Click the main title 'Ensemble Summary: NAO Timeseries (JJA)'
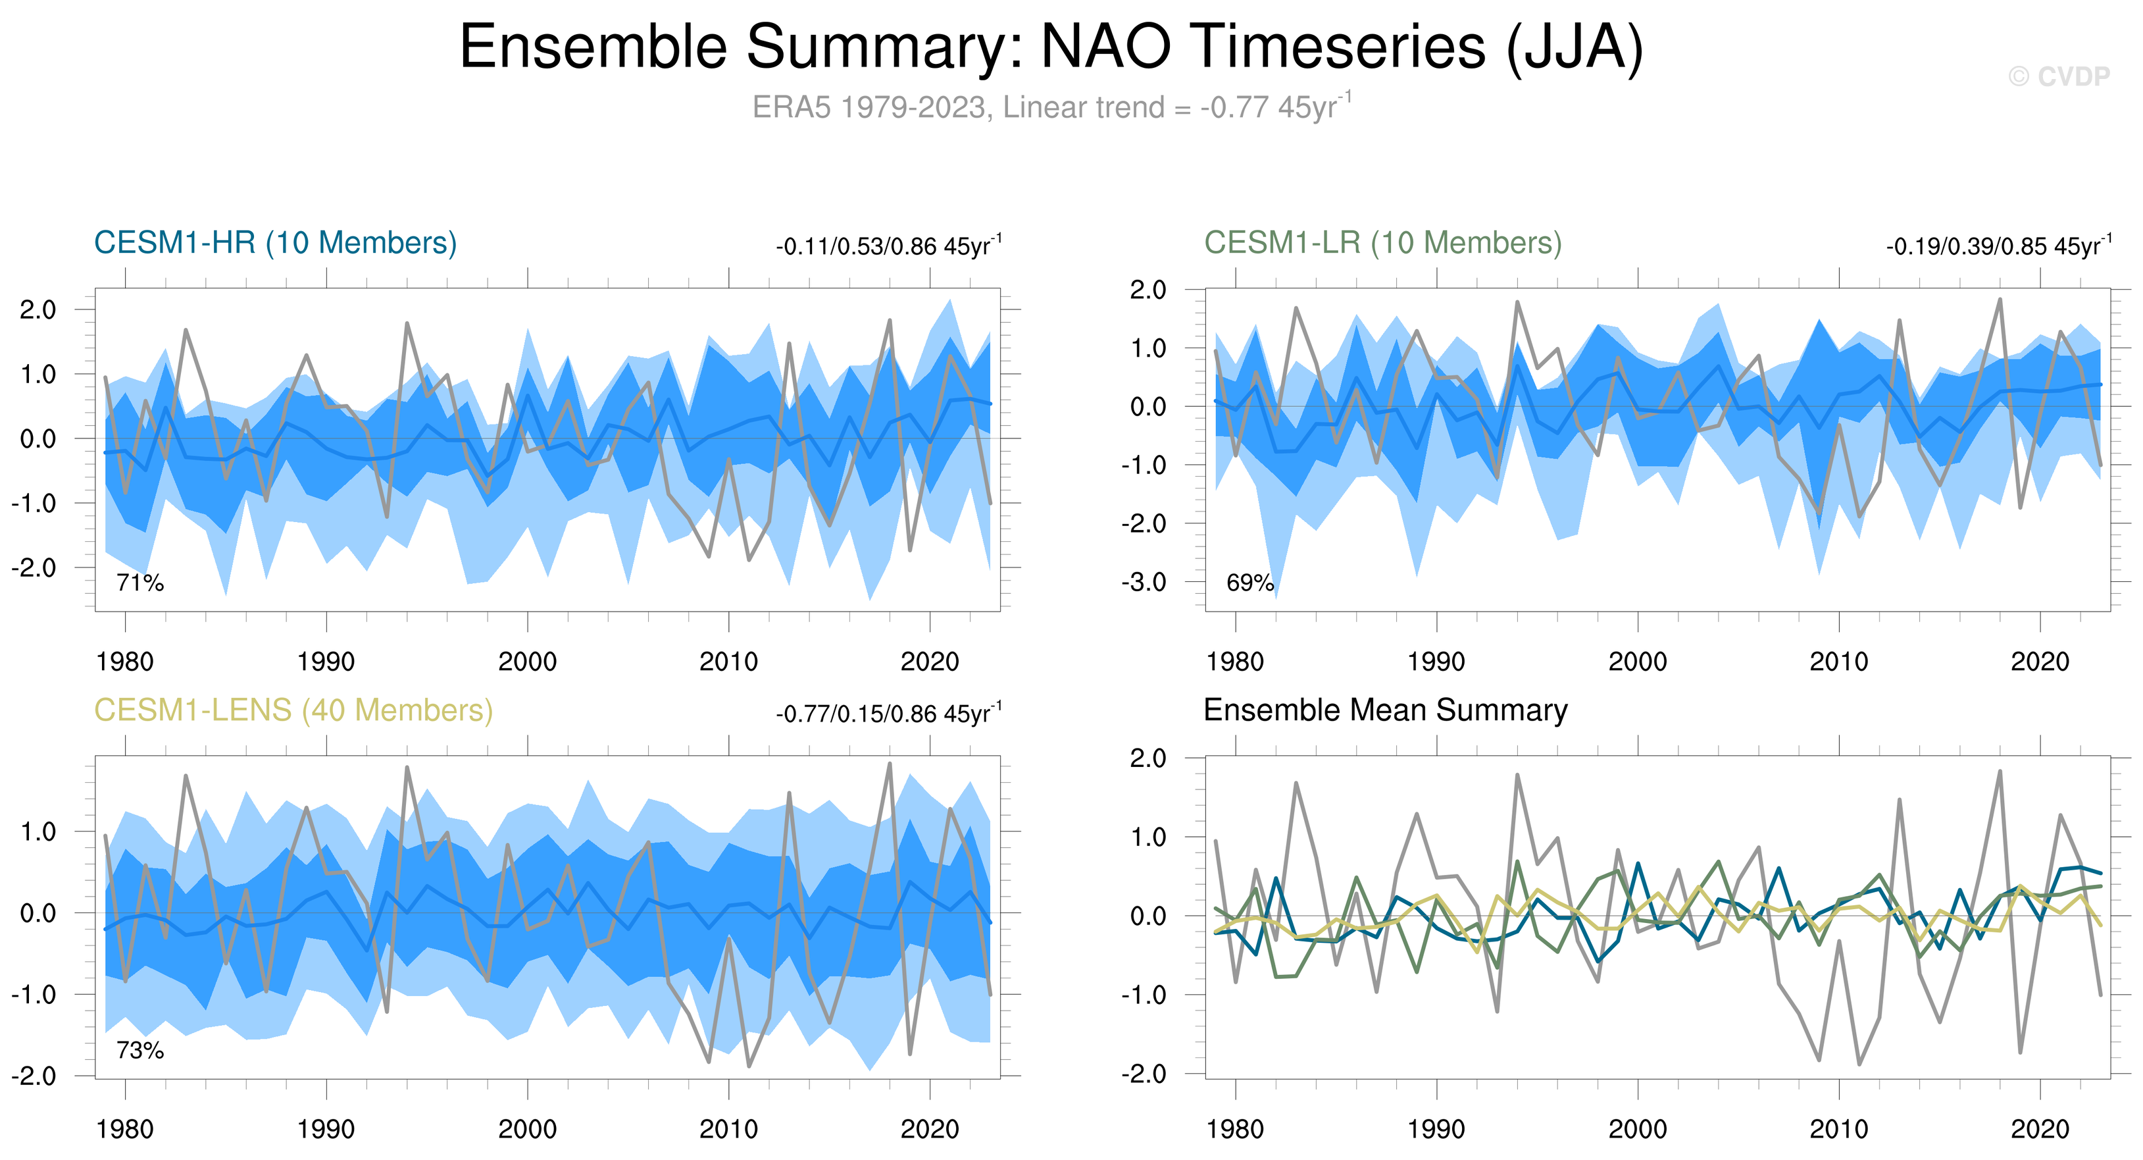(1051, 47)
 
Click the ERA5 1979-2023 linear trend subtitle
(1051, 107)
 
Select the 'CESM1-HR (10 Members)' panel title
(276, 243)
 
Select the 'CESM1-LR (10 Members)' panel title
(1382, 243)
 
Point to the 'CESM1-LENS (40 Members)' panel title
(293, 710)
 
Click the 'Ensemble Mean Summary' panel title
(1385, 710)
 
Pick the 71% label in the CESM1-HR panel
(139, 583)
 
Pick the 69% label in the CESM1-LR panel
(1249, 583)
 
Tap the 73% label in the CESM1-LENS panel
(139, 1050)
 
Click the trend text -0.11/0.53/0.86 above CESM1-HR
(888, 246)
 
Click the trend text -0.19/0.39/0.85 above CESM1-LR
(1998, 246)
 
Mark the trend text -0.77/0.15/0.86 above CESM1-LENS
(888, 714)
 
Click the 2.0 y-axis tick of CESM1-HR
(38, 310)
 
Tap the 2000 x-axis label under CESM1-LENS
(528, 1129)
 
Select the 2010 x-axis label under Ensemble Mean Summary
(1838, 1129)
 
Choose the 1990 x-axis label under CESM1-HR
(326, 662)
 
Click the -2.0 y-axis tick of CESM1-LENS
(34, 1076)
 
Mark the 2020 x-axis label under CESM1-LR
(2040, 662)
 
